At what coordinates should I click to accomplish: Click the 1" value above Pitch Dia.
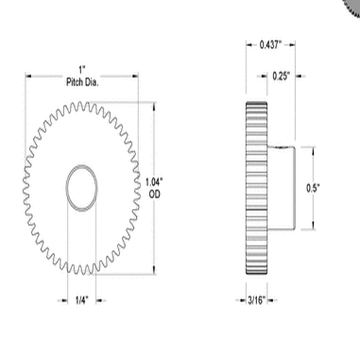click(x=82, y=68)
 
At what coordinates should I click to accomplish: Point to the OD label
click(x=154, y=194)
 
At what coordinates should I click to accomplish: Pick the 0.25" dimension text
click(x=282, y=76)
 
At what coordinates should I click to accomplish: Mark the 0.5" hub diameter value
click(x=313, y=188)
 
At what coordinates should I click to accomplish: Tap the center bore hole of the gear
click(x=82, y=188)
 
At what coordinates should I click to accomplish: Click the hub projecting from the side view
click(x=282, y=188)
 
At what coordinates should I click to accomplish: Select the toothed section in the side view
click(x=256, y=188)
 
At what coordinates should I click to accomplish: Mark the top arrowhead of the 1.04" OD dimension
click(x=154, y=104)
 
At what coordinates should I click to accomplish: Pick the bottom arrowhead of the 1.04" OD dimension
click(x=154, y=271)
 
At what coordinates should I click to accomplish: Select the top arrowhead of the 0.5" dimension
click(x=313, y=149)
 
